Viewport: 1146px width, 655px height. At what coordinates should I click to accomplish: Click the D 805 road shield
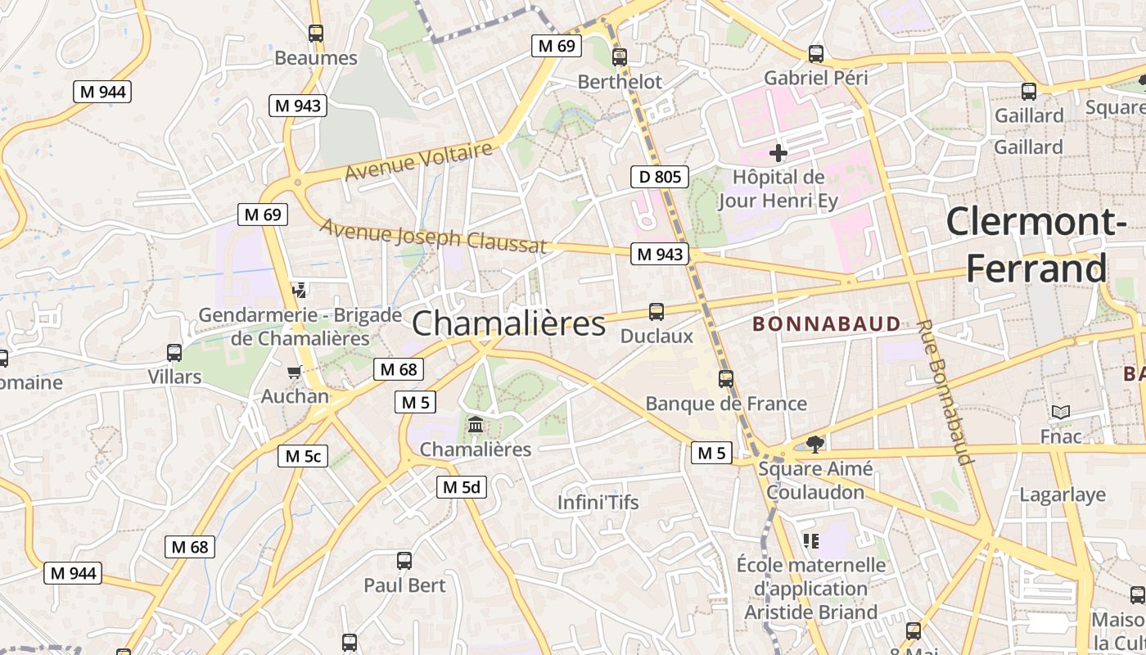(659, 176)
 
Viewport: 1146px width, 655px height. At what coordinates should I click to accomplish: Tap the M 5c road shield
(303, 456)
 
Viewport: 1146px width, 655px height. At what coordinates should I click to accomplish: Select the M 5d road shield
(461, 487)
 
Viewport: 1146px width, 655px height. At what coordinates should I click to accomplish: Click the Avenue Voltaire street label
(418, 161)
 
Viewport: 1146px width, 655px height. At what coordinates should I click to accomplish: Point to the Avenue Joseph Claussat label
(433, 236)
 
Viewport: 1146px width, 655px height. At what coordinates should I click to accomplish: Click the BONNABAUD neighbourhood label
(826, 324)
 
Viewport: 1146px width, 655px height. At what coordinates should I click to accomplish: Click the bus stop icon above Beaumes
(316, 34)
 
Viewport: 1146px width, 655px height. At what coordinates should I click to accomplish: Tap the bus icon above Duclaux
(656, 312)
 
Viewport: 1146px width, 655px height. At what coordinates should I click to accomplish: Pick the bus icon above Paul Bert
(404, 561)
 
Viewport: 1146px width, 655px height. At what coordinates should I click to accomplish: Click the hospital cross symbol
(778, 153)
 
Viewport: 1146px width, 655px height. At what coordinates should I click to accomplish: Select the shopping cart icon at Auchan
(294, 373)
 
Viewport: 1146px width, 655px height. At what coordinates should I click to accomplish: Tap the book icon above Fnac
(1061, 413)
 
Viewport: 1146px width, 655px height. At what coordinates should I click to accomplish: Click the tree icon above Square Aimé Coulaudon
(814, 445)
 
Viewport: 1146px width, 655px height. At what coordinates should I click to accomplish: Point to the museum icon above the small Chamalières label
(475, 425)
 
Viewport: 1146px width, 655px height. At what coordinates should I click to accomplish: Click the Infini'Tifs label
(598, 502)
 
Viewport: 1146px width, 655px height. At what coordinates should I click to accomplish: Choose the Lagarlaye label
(1063, 495)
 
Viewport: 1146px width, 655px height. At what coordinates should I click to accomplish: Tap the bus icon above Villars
(174, 353)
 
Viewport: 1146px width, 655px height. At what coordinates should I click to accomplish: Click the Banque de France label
(726, 404)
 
